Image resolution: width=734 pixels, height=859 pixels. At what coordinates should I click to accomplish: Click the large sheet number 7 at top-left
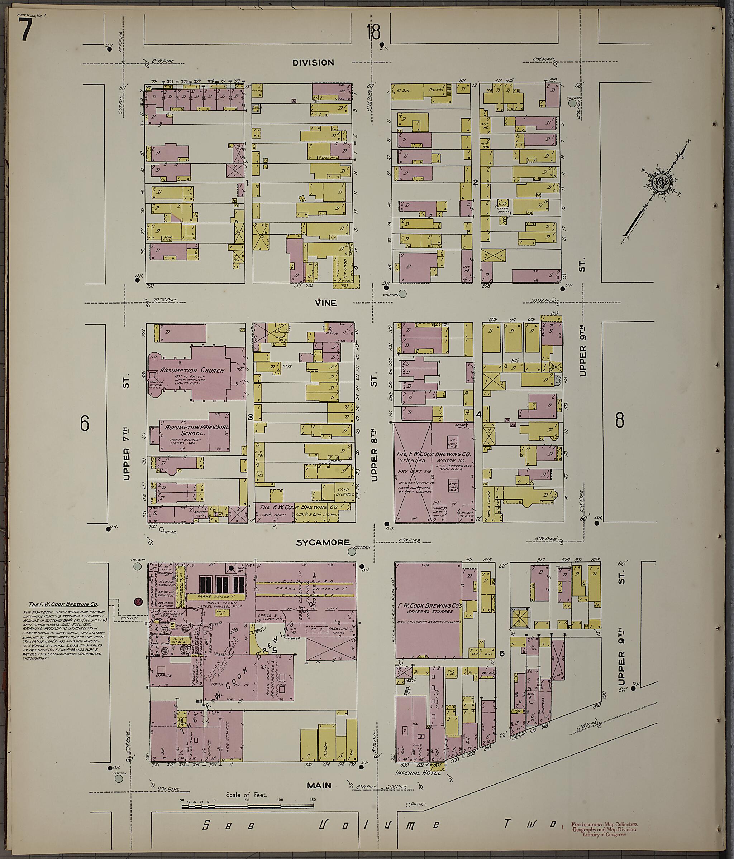tap(25, 31)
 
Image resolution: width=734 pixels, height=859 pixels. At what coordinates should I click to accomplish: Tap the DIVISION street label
tap(313, 63)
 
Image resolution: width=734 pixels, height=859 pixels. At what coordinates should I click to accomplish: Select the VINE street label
tap(326, 303)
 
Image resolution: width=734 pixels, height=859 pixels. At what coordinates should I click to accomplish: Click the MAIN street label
tap(319, 785)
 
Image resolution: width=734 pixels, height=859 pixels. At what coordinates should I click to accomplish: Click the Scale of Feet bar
tap(247, 806)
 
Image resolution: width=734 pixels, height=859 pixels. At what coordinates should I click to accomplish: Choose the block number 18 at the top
tap(374, 32)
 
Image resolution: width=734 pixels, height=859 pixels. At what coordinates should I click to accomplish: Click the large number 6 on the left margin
tap(85, 423)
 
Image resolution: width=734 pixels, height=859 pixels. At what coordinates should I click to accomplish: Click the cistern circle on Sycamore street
tap(352, 551)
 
